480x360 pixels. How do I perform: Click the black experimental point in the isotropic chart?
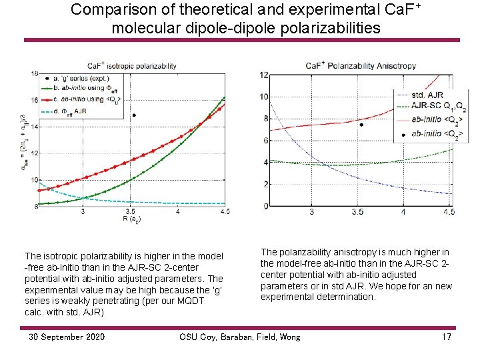pos(134,115)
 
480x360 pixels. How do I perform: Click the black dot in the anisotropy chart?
pos(361,125)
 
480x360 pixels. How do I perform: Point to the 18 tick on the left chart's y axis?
pos(34,73)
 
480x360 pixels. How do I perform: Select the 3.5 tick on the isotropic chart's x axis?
pos(131,211)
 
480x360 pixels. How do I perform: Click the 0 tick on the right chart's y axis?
pos(265,206)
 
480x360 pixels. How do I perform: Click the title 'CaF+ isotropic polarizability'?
pos(132,65)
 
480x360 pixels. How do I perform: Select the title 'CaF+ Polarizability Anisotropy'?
pos(361,65)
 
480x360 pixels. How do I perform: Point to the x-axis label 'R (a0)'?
pos(131,219)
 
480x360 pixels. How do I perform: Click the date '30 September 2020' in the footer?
pos(66,337)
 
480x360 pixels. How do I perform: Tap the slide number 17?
pos(446,337)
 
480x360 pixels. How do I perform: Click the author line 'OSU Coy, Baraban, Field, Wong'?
pos(239,337)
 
